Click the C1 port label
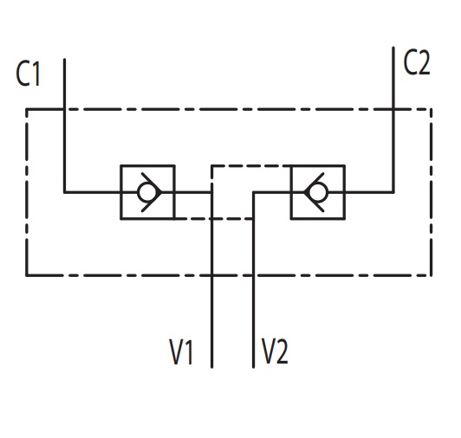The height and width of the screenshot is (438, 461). [x=28, y=74]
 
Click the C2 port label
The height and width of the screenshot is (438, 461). [x=417, y=62]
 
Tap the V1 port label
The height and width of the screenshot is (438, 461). [x=181, y=352]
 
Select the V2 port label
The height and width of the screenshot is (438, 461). [x=275, y=351]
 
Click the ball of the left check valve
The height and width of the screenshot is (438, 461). [x=146, y=192]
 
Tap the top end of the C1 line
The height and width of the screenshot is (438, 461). [x=64, y=60]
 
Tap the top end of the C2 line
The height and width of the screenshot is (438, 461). [x=393, y=48]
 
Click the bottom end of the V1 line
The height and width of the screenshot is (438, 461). [x=212, y=367]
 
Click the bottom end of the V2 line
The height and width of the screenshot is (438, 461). [x=253, y=367]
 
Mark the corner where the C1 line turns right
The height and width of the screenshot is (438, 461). [x=64, y=192]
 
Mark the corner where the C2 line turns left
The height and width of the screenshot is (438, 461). [x=393, y=192]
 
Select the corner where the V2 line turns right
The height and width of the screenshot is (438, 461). [x=253, y=192]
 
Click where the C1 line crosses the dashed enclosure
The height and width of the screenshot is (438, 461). [x=64, y=109]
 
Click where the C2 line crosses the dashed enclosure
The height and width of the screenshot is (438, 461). [x=393, y=109]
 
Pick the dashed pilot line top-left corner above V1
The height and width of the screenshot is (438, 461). [x=212, y=166]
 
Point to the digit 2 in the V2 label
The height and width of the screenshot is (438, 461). [x=282, y=351]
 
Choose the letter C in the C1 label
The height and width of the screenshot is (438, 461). [x=22, y=74]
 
